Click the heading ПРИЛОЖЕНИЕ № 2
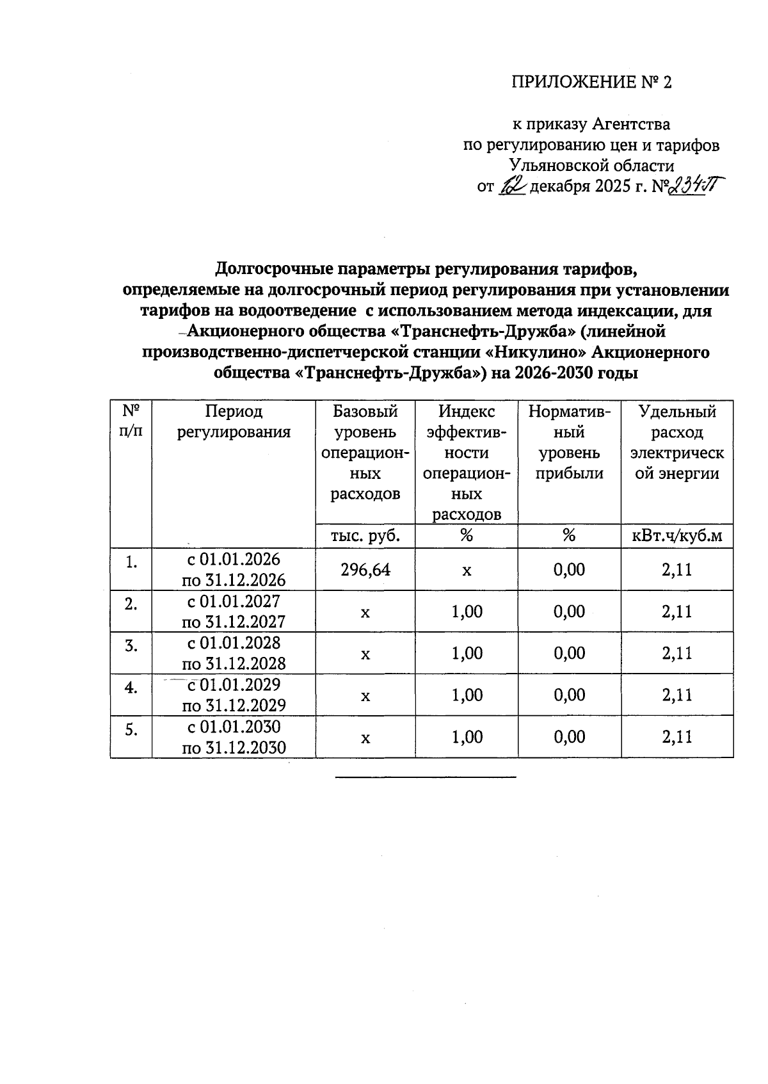pyautogui.click(x=591, y=83)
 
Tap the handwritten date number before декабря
pyautogui.click(x=512, y=186)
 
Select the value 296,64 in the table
pyautogui.click(x=365, y=569)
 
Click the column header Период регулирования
pyautogui.click(x=234, y=421)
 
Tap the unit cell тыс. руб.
pyautogui.click(x=365, y=536)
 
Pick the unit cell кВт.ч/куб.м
pyautogui.click(x=676, y=536)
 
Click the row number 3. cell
pyautogui.click(x=131, y=645)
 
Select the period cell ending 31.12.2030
pyautogui.click(x=234, y=737)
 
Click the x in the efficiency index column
pyautogui.click(x=467, y=569)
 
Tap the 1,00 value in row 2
pyautogui.click(x=467, y=611)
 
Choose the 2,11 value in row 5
pyautogui.click(x=676, y=737)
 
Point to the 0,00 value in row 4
pyautogui.click(x=569, y=695)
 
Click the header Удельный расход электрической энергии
pyautogui.click(x=676, y=442)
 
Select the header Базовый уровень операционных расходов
pyautogui.click(x=365, y=453)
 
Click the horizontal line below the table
pyautogui.click(x=425, y=777)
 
